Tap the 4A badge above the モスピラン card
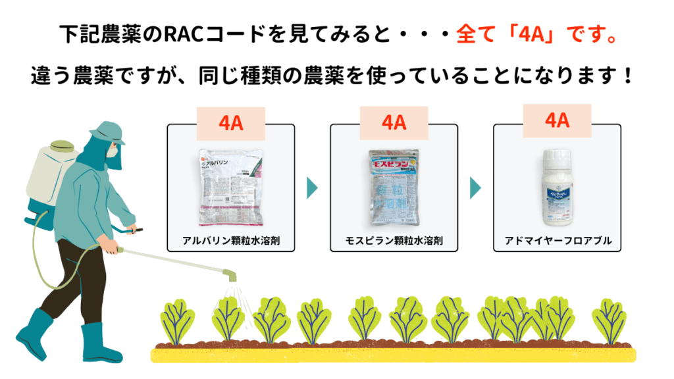click(394, 123)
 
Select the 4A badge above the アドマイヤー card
click(557, 120)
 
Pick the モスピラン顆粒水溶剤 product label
click(394, 241)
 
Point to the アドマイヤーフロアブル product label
click(557, 241)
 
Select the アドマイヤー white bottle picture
click(557, 187)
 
